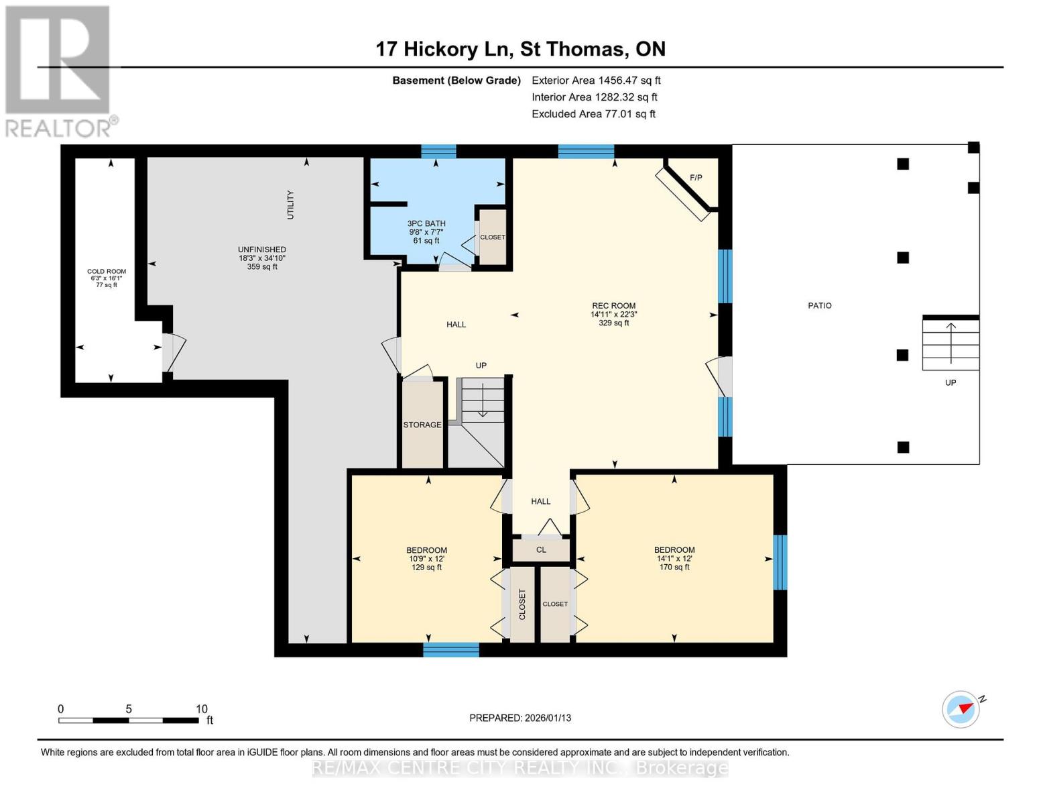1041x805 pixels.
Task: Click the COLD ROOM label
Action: point(107,272)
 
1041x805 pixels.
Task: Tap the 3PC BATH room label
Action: point(426,224)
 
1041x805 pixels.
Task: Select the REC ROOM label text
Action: point(613,306)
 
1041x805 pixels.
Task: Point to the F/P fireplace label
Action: point(696,178)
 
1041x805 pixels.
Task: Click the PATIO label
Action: point(819,306)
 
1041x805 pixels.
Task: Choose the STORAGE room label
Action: point(422,425)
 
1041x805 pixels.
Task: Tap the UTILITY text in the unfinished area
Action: point(290,205)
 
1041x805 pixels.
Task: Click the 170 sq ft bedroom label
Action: point(674,558)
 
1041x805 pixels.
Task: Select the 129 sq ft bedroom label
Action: point(426,558)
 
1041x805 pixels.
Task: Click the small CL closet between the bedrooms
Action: point(541,550)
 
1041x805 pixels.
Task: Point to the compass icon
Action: point(961,709)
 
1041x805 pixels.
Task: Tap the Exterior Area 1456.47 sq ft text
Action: point(596,80)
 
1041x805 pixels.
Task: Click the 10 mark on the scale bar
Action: point(201,709)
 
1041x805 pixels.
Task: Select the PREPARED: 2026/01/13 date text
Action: point(520,718)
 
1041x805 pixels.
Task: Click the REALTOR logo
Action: point(59,70)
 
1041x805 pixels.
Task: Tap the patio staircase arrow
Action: point(951,335)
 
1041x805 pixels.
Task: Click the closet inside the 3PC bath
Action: point(493,237)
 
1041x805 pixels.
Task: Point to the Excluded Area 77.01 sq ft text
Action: point(593,114)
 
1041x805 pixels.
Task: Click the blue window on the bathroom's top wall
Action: point(438,151)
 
